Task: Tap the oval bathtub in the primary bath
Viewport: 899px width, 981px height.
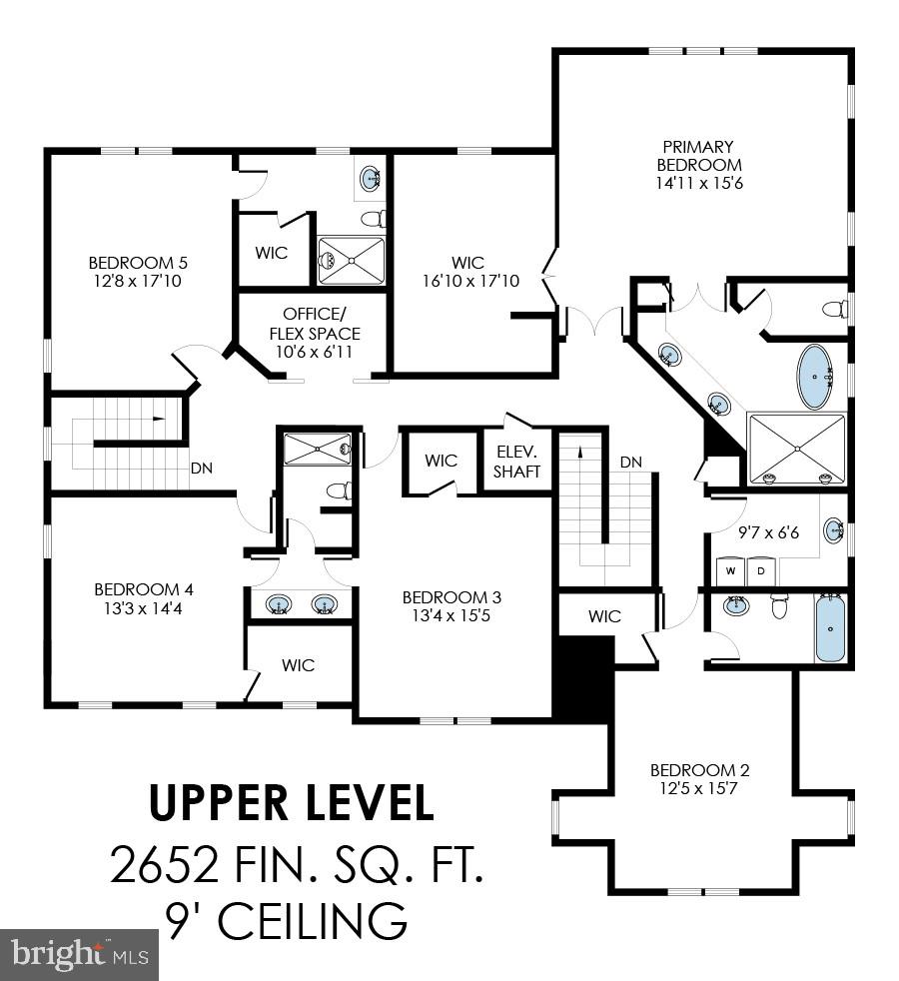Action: point(817,377)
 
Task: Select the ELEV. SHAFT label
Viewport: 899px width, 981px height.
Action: point(517,461)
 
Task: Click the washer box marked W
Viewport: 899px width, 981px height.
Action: point(730,571)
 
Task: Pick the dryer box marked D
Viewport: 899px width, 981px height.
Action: point(760,571)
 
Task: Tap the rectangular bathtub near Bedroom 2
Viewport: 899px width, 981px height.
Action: point(830,627)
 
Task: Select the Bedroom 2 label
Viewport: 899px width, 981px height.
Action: point(699,770)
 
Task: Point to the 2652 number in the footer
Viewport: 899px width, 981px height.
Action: point(164,865)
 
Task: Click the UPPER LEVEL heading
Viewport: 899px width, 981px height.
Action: point(292,801)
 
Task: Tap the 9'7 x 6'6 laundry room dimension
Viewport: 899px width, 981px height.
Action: point(768,532)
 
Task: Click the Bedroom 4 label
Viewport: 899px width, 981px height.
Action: point(137,589)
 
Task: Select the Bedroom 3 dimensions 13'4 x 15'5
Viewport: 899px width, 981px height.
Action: point(451,615)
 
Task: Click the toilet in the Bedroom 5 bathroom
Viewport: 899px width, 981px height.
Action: point(372,219)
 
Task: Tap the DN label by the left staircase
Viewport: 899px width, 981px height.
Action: point(202,467)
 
